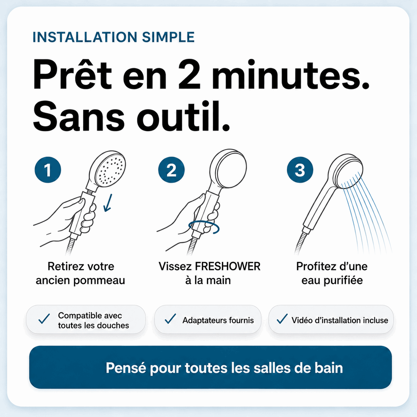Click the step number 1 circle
(x=48, y=170)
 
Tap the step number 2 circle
(x=171, y=170)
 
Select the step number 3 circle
(x=300, y=170)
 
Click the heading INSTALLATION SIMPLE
(x=114, y=37)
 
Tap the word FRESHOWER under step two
(x=228, y=266)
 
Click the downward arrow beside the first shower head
(x=108, y=203)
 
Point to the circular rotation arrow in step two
(x=204, y=227)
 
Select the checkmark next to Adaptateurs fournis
(x=170, y=319)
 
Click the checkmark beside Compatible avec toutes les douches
(x=44, y=319)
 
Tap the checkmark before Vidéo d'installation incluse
(x=282, y=319)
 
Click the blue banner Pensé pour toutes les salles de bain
(x=210, y=368)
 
